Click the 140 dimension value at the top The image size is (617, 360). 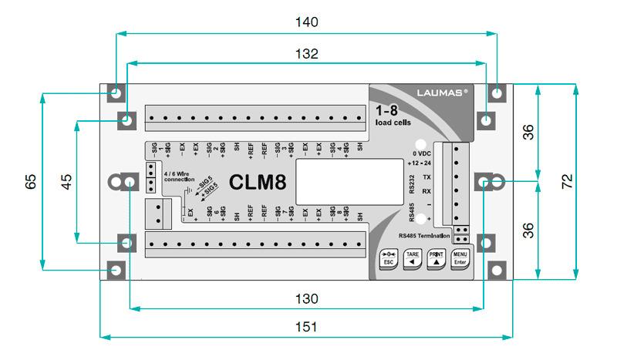306,23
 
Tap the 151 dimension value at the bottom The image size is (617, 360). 306,326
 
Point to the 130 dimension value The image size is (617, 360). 306,298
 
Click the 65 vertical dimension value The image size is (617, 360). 30,182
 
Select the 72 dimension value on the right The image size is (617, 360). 567,182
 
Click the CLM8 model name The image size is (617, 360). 258,183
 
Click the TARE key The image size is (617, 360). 413,257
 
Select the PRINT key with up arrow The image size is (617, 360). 437,257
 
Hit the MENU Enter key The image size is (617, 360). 460,257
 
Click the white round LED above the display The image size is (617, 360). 421,144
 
